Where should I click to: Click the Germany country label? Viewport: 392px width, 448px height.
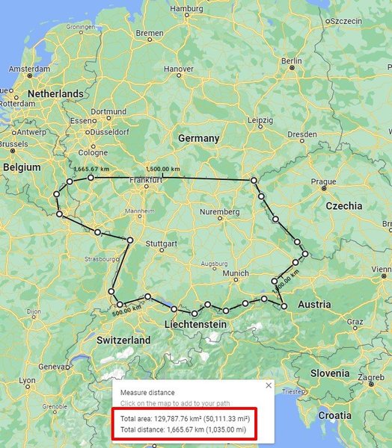(198, 138)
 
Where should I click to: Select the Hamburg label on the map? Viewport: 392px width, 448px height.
(187, 8)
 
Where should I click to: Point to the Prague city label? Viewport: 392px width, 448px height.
(322, 181)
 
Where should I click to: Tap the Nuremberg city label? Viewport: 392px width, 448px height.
(219, 212)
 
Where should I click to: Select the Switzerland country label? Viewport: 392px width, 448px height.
(123, 340)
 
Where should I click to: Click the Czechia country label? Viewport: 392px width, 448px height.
(344, 205)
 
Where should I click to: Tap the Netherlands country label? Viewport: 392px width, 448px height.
(55, 93)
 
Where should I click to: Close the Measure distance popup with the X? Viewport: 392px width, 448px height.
(269, 385)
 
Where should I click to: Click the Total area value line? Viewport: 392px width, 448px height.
(184, 418)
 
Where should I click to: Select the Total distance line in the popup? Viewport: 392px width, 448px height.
(184, 430)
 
